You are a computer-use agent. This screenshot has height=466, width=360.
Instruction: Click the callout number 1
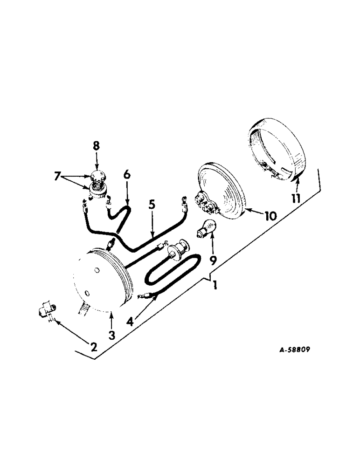pos(215,284)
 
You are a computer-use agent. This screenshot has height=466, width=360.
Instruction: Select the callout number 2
pos(94,346)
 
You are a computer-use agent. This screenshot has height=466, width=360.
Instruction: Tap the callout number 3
pos(111,335)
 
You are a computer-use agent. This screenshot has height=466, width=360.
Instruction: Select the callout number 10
pos(270,216)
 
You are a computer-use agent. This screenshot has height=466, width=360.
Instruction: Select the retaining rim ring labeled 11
pos(275,149)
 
